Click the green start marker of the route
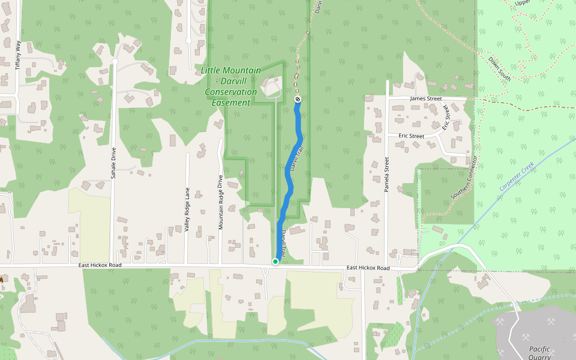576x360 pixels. tap(275, 261)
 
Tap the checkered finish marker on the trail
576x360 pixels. tap(298, 99)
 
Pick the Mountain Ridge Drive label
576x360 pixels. tap(221, 202)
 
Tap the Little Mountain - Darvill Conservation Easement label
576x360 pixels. tap(231, 86)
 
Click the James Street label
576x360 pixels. tap(425, 99)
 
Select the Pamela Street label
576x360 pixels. tap(387, 175)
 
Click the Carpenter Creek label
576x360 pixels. tap(516, 179)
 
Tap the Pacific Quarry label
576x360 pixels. tap(539, 353)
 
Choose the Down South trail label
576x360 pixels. tap(500, 69)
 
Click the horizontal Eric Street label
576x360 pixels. tap(411, 136)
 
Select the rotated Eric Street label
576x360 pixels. tap(446, 117)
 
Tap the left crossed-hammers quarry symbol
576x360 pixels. tap(500, 321)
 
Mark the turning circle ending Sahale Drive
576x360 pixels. tap(115, 61)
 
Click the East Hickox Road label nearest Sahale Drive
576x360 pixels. tap(100, 265)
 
